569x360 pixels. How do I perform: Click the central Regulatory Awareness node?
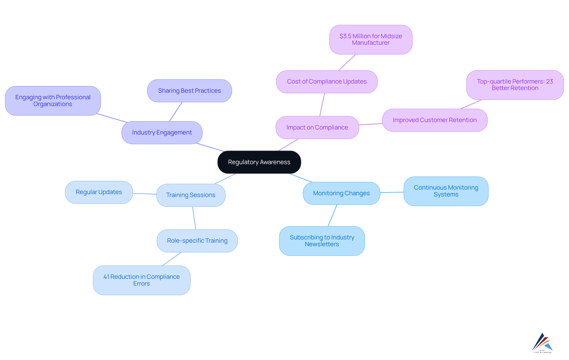coord(259,162)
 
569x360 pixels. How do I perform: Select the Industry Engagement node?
coord(162,132)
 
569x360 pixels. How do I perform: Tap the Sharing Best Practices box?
coord(189,91)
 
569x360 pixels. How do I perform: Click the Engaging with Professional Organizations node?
coord(53,101)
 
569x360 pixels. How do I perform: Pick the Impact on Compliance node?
coord(317,127)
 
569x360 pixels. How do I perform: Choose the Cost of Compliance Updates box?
coord(327,81)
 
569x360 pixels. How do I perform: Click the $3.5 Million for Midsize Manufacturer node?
coord(370,39)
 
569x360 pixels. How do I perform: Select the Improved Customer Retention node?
coord(434,120)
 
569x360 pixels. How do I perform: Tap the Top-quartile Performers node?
coord(515,85)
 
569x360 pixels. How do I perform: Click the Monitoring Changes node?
coord(341,193)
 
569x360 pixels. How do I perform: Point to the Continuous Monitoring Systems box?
coord(446,191)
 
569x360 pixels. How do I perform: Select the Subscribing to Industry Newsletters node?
coord(322,241)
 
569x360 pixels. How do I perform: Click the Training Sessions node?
coord(191,195)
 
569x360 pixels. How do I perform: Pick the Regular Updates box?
coord(99,192)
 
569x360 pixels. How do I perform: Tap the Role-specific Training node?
coord(197,241)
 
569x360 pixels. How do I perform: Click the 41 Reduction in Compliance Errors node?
coord(141,280)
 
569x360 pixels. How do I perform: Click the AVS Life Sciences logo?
coord(542,343)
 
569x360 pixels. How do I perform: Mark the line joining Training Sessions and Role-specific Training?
coord(194,218)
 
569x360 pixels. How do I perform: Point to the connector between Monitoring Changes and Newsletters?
coord(333,215)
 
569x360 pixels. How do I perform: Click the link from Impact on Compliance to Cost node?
coord(322,105)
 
